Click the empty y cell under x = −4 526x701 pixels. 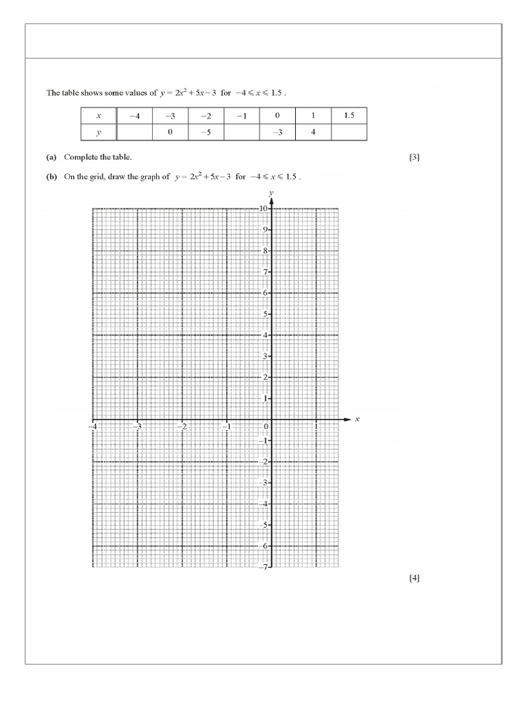tap(135, 132)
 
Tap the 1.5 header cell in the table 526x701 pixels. tap(349, 116)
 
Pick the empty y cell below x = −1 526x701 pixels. tap(242, 132)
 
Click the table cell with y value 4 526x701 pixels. tap(313, 132)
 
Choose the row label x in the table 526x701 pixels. tap(99, 116)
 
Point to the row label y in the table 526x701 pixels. tap(99, 132)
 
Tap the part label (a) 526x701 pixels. tap(51, 157)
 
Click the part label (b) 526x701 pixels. tap(51, 176)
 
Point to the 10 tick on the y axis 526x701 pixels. tap(264, 208)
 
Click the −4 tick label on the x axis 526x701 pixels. tap(92, 426)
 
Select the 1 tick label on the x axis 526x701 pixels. tap(316, 426)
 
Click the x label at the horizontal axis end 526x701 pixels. tap(358, 419)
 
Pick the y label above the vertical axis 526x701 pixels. tap(272, 193)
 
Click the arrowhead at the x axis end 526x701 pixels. tap(346, 419)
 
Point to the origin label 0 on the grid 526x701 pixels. tap(266, 426)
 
